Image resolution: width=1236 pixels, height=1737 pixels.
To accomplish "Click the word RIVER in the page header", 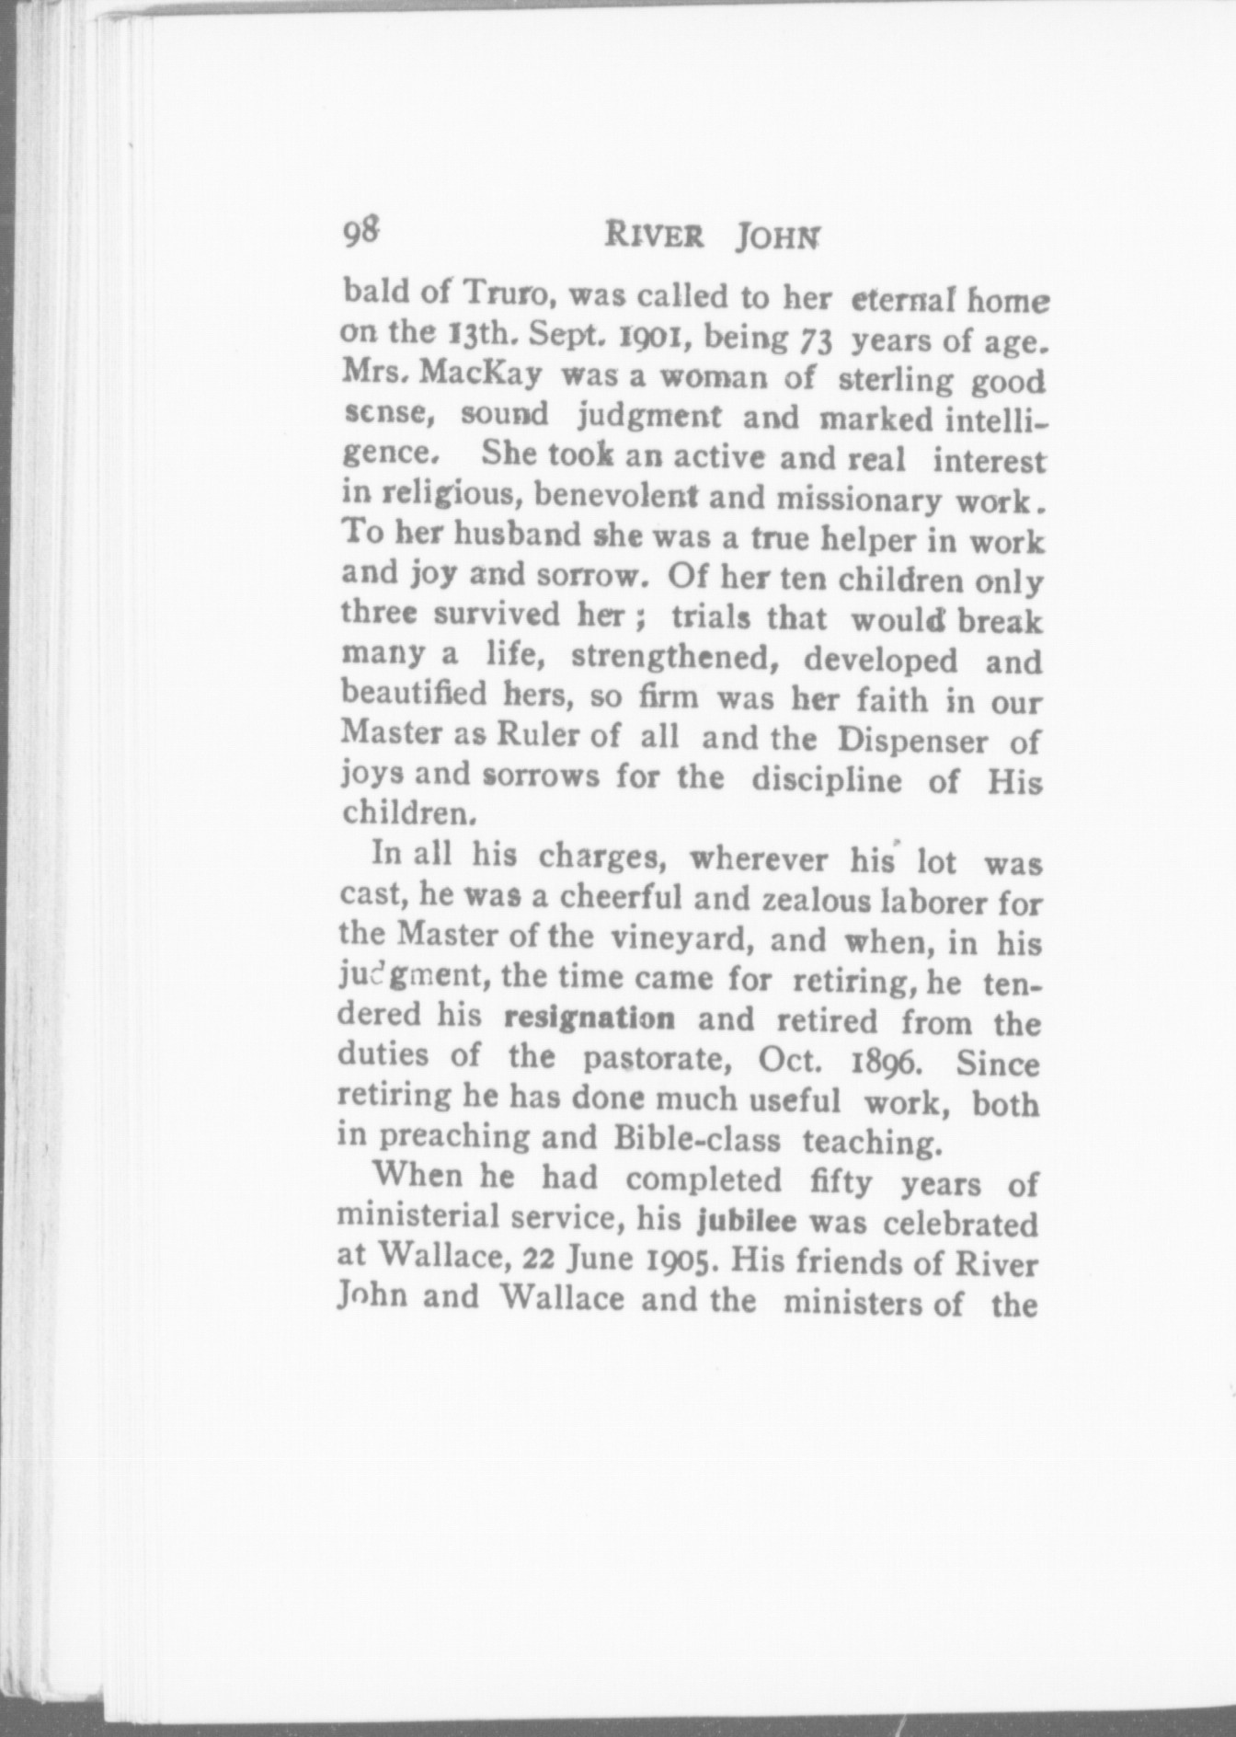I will pyautogui.click(x=655, y=236).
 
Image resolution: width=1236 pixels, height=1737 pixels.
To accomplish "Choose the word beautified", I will pyautogui.click(x=414, y=693).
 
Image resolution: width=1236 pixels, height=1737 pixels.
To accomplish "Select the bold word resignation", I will pyautogui.click(x=590, y=1018).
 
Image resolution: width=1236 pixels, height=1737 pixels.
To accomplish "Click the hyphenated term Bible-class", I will pyautogui.click(x=696, y=1139).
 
